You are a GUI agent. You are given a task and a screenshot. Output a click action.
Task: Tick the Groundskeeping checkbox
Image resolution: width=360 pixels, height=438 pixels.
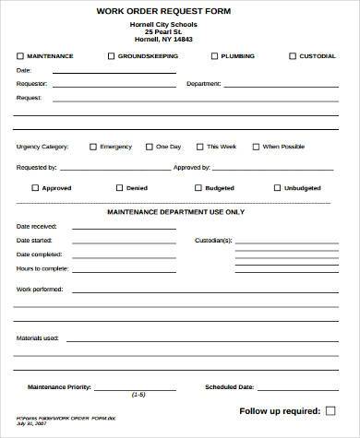tap(111, 56)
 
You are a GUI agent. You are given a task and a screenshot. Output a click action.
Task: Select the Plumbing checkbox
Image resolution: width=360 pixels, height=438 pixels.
tap(214, 56)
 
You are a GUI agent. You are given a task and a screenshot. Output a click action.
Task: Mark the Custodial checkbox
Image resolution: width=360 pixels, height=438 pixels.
tap(292, 56)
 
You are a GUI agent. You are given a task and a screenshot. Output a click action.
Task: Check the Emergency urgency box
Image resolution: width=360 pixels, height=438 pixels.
tap(91, 146)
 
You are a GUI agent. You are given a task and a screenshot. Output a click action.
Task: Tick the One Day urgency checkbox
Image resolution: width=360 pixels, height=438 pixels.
tap(149, 146)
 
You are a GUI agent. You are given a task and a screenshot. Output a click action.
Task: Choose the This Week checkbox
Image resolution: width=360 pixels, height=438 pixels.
tap(198, 146)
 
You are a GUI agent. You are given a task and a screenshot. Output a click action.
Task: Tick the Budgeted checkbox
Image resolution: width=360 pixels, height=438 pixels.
tap(198, 187)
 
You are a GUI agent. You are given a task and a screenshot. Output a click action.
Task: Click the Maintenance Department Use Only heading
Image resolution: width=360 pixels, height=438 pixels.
tap(175, 212)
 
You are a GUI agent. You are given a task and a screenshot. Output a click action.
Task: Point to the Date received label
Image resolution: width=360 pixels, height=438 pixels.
tap(37, 226)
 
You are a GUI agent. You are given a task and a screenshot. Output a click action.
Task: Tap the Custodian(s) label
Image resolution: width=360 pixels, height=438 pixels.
tap(213, 240)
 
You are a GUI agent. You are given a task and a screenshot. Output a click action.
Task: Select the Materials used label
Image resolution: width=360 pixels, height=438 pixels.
tap(38, 337)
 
